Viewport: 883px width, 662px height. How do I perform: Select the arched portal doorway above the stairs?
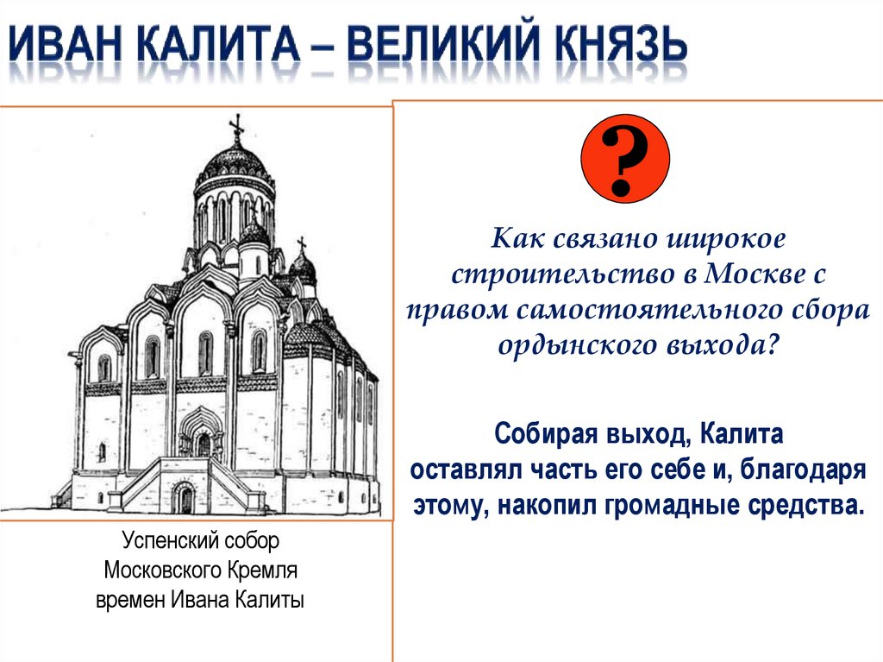202,437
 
